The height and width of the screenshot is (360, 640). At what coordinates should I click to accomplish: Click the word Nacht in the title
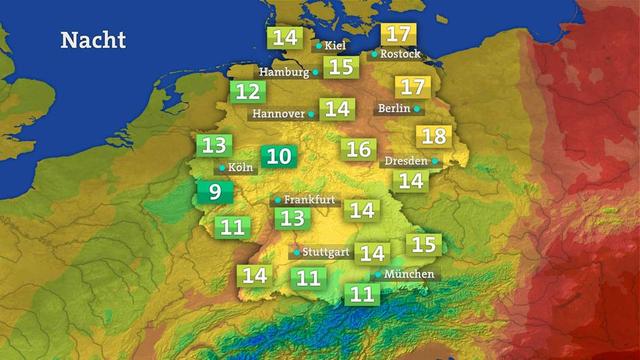(x=93, y=40)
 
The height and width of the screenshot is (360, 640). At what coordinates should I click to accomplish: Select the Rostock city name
(x=401, y=54)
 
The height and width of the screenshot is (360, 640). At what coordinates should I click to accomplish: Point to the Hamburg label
(x=284, y=72)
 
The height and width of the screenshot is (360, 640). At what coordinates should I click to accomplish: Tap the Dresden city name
(x=406, y=160)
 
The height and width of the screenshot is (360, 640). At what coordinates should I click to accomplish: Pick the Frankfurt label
(x=310, y=199)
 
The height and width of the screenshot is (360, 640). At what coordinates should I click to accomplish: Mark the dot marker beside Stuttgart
(x=295, y=252)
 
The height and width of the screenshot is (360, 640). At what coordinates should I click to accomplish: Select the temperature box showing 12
(x=248, y=93)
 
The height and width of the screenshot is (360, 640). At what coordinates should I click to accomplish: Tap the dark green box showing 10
(x=279, y=156)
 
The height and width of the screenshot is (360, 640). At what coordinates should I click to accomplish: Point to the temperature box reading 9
(x=212, y=192)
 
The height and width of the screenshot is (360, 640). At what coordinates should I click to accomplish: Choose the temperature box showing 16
(x=358, y=150)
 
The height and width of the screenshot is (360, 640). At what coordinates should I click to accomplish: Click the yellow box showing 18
(x=434, y=137)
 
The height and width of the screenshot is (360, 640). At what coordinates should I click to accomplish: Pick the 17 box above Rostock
(x=397, y=34)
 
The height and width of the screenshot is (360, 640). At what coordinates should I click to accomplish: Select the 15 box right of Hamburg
(x=342, y=67)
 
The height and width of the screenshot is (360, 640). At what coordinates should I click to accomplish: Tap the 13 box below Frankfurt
(x=291, y=217)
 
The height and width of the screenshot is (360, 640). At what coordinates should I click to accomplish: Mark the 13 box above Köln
(x=214, y=145)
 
